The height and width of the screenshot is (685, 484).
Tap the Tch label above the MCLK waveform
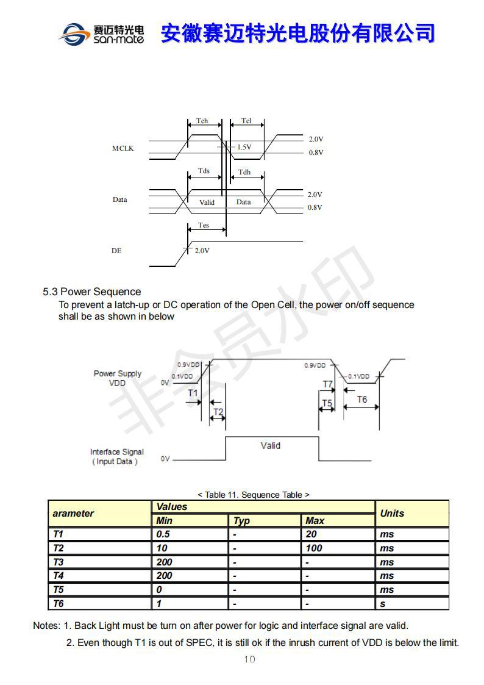[x=202, y=121]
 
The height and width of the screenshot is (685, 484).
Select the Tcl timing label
[x=246, y=121]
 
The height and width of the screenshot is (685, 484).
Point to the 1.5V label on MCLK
[x=244, y=147]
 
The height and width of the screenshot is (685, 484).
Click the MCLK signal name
[x=123, y=148]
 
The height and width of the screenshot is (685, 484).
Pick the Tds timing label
[x=204, y=171]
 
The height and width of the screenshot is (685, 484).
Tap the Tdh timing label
[x=244, y=172]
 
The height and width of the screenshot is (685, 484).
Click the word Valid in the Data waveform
[x=207, y=203]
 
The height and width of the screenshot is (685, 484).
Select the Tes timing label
[x=204, y=225]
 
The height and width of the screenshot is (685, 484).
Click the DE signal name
[x=116, y=251]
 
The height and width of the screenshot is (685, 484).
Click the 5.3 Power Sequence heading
[x=91, y=292]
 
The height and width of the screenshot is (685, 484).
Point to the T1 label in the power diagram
[x=193, y=393]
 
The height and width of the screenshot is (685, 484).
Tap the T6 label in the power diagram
[x=361, y=400]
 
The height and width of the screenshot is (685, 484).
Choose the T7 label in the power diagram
[x=328, y=384]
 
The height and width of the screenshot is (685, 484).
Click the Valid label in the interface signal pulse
[x=270, y=446]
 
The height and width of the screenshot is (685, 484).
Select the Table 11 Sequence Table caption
[x=253, y=495]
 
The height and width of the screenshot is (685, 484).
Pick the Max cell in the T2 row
[x=314, y=548]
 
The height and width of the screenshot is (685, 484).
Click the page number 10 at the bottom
[x=249, y=659]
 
